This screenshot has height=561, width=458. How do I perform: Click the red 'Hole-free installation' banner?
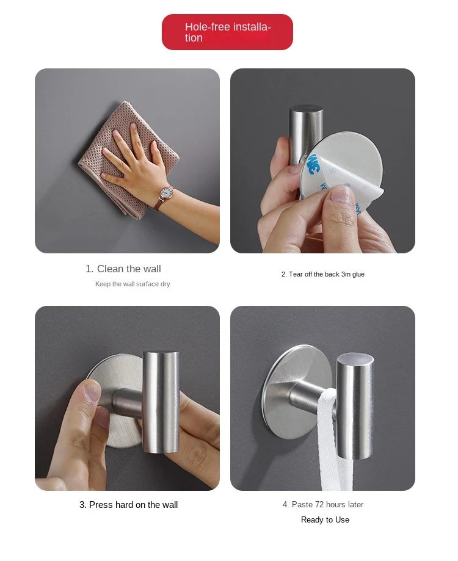click(x=227, y=32)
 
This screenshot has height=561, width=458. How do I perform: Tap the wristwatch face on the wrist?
click(x=166, y=193)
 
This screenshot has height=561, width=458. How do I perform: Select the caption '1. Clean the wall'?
click(x=123, y=269)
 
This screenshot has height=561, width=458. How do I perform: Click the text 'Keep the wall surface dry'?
click(x=133, y=284)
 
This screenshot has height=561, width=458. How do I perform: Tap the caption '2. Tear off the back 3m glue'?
click(x=323, y=275)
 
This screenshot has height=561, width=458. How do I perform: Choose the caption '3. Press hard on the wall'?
click(x=128, y=505)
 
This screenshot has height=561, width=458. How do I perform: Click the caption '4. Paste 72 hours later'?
click(x=323, y=504)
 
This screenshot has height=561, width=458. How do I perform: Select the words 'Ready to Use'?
click(x=325, y=520)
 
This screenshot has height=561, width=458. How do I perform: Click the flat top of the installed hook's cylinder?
click(x=355, y=359)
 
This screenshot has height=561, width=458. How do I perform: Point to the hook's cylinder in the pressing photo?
click(x=161, y=402)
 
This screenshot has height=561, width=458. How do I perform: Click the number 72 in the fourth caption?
click(x=319, y=504)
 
